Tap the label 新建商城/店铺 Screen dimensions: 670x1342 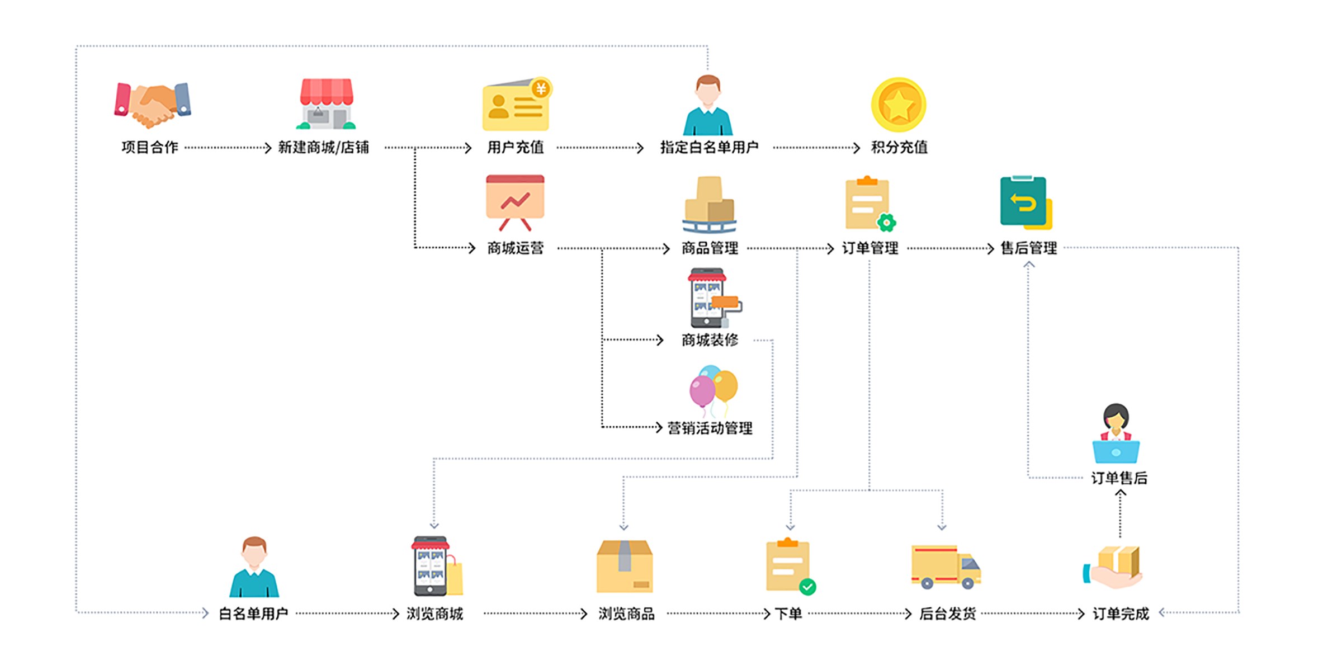[323, 147]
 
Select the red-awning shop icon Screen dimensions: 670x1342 [327, 104]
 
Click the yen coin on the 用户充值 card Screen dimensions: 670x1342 [541, 88]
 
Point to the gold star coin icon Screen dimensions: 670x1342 [899, 105]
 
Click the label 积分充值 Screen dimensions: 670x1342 [899, 147]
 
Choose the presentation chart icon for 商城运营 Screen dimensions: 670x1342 [515, 202]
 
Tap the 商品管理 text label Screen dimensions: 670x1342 [710, 248]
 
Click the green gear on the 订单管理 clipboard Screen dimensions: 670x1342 [886, 223]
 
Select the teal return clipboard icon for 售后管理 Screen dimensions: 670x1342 [1025, 202]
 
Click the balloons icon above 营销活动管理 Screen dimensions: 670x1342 [713, 390]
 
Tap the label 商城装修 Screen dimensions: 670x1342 [710, 339]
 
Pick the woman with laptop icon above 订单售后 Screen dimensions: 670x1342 [1116, 434]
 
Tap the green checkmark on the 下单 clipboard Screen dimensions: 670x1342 [807, 587]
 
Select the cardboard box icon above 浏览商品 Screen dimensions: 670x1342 [625, 567]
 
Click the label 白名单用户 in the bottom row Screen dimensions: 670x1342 [253, 614]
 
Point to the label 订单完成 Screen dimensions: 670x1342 [1121, 614]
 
